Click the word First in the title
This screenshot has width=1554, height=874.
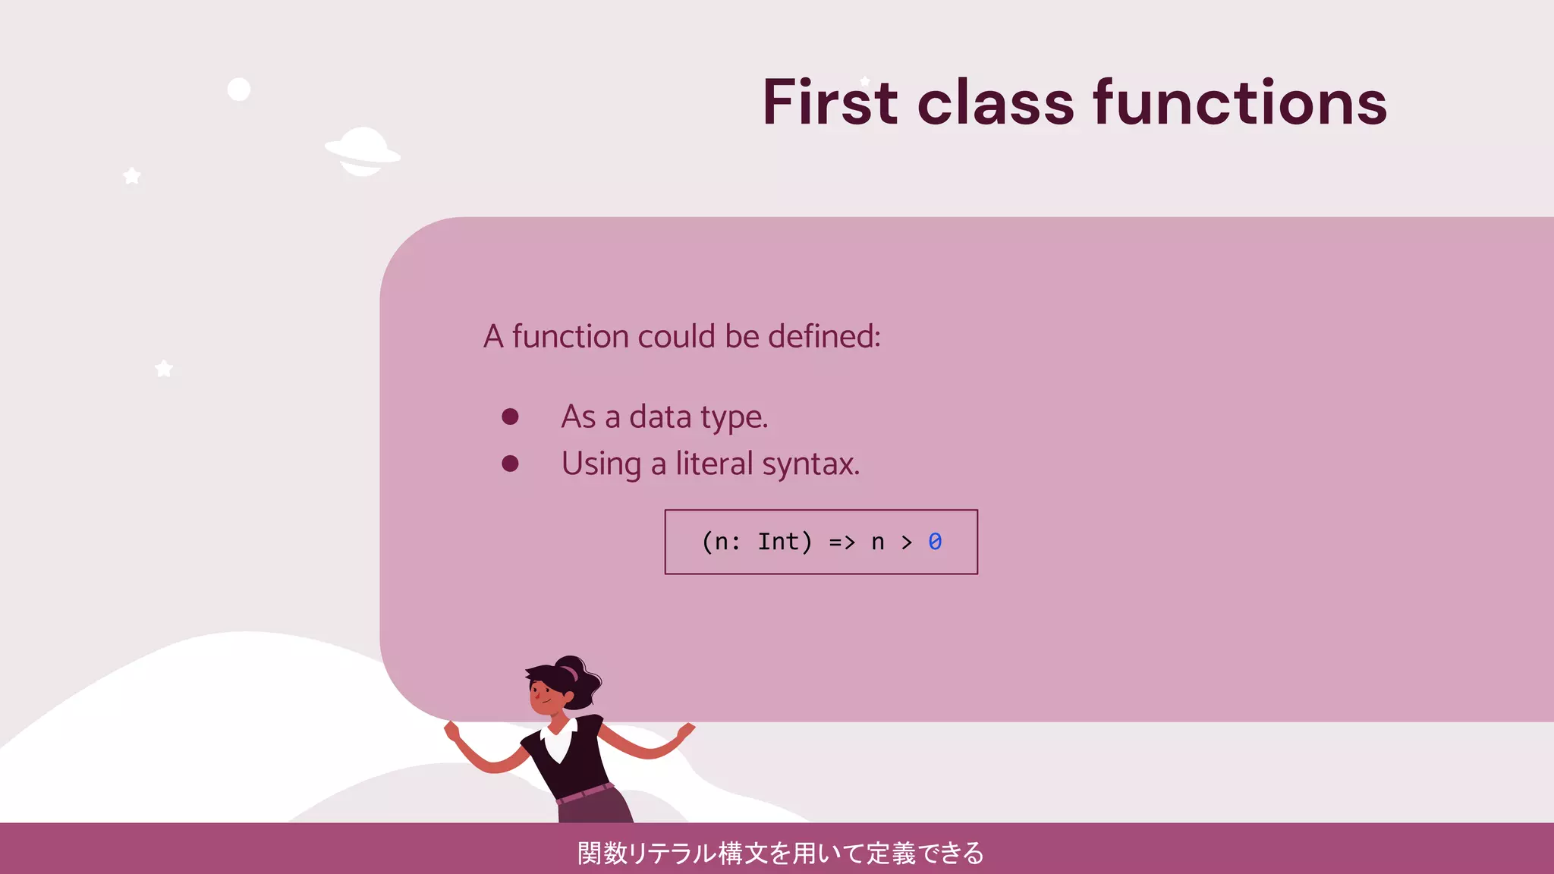[x=830, y=102]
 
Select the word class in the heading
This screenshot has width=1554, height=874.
[x=996, y=104]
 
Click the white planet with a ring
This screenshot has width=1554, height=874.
[x=363, y=151]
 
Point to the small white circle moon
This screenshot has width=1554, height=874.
[x=239, y=90]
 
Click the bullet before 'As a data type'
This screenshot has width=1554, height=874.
[x=510, y=417]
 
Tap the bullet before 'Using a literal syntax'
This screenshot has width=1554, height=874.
[x=510, y=464]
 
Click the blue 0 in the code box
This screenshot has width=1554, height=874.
[x=935, y=542]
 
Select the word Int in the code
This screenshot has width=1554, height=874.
[x=779, y=542]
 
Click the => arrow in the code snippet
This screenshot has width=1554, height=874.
[x=841, y=542]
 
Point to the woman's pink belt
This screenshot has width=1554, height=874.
[x=584, y=794]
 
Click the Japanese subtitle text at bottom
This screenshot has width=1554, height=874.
[x=780, y=853]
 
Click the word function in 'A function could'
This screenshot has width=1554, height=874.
[x=570, y=336]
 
